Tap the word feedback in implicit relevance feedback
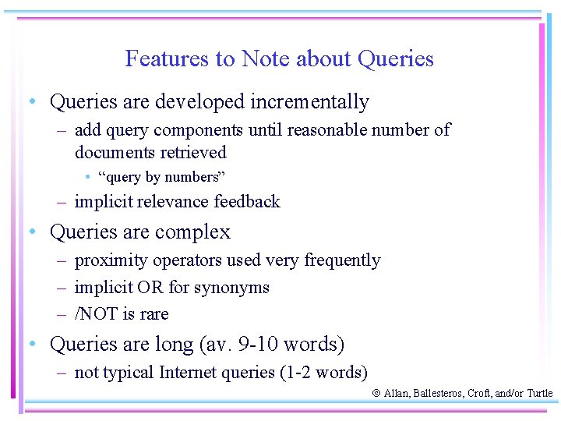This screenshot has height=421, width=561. [245, 202]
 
